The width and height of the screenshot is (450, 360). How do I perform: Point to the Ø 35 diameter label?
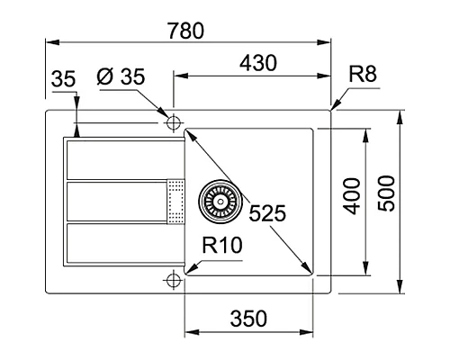[x=120, y=78]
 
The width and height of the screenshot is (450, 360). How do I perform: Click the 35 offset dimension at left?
[x=62, y=79]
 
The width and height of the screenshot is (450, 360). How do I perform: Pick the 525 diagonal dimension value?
[x=267, y=213]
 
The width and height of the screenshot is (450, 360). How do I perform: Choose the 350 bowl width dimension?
[x=248, y=319]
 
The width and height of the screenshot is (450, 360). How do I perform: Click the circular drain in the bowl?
[x=220, y=199]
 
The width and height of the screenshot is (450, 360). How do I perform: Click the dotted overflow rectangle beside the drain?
[x=176, y=200]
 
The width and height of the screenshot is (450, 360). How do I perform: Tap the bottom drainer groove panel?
[x=118, y=244]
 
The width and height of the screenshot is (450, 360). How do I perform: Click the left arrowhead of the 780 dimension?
[x=50, y=41]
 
